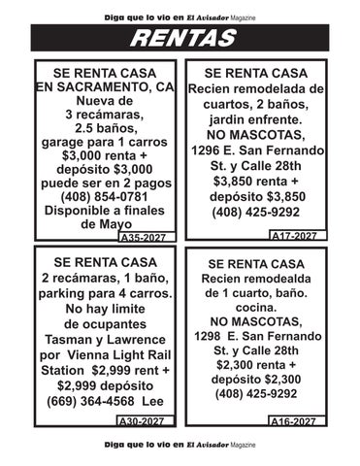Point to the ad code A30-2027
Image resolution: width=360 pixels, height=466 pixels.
tap(142, 422)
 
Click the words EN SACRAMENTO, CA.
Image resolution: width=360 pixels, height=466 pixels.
tap(106, 87)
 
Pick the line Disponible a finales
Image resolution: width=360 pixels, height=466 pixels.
tap(106, 210)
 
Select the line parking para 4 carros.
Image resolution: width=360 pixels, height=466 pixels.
tap(106, 293)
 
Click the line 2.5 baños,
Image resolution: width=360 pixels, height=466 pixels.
tap(106, 127)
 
